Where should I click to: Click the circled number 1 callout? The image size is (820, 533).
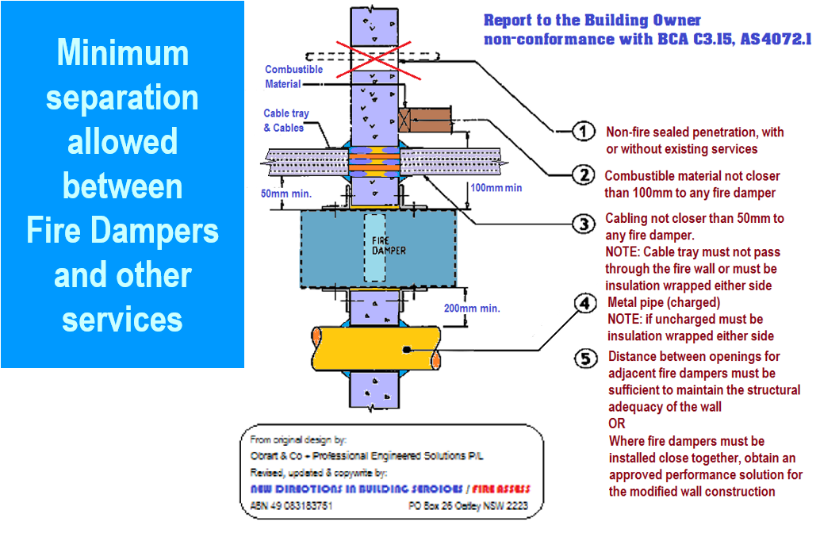tap(583, 132)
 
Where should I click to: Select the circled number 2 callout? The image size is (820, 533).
tap(583, 176)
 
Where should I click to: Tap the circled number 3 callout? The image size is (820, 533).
tap(584, 224)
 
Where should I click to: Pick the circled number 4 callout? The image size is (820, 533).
tap(584, 303)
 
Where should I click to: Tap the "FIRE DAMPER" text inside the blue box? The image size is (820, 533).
tap(389, 245)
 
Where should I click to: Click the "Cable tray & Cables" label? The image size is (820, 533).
tap(283, 121)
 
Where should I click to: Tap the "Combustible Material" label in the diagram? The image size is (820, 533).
tap(293, 76)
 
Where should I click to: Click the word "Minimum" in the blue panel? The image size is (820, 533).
tap(122, 53)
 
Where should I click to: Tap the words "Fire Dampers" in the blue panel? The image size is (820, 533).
tap(122, 231)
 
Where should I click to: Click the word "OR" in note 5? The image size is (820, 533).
tap(617, 424)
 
